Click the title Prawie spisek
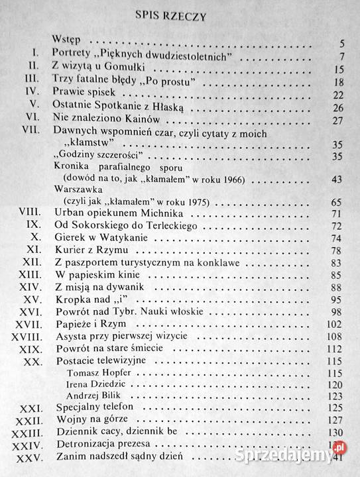pos(82,94)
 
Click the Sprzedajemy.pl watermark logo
pos(309,456)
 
